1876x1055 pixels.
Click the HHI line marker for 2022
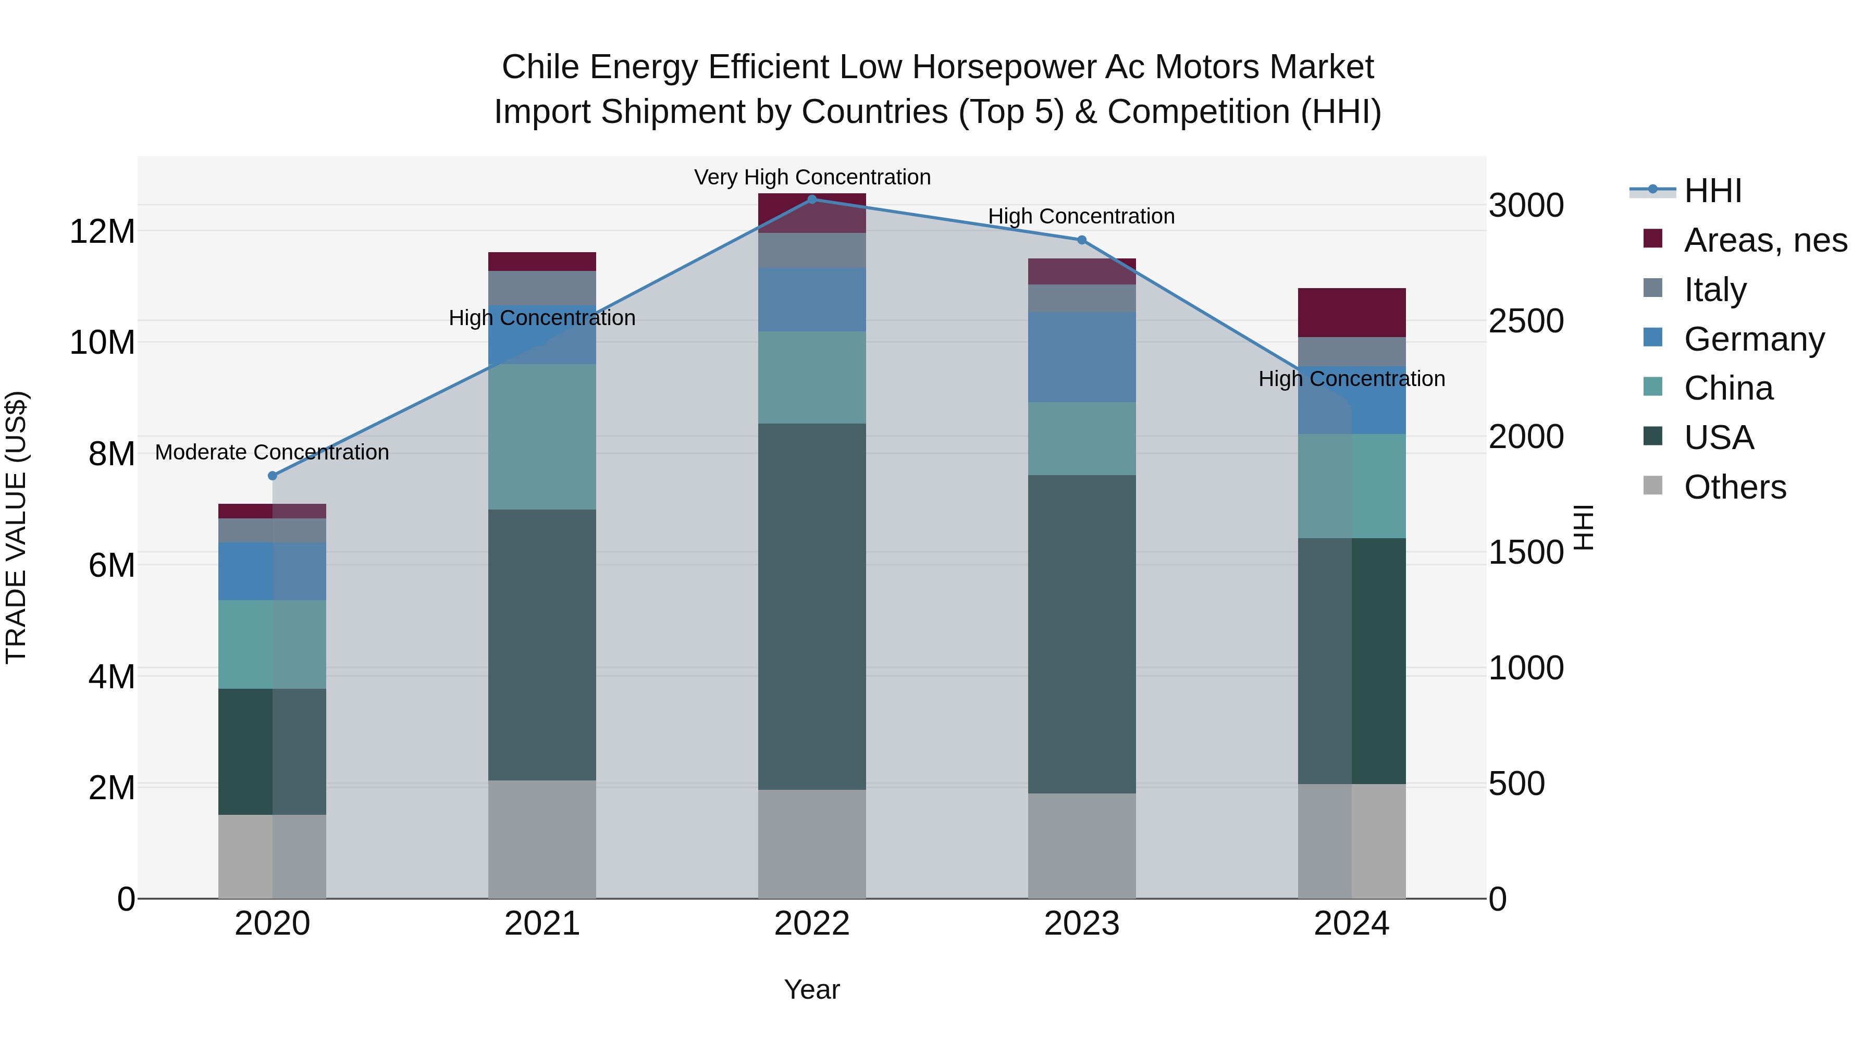pos(812,199)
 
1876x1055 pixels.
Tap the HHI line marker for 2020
pos(273,476)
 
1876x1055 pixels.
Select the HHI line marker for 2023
pos(1081,240)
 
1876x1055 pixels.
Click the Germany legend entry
pos(1754,339)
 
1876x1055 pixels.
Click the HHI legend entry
pos(1711,191)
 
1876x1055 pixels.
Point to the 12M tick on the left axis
pos(102,231)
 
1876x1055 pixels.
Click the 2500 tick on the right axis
pos(1526,321)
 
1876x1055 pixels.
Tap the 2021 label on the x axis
pos(542,924)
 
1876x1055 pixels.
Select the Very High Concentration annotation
pos(812,177)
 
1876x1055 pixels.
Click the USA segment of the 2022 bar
pos(812,606)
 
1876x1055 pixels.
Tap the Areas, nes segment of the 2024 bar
pos(1352,313)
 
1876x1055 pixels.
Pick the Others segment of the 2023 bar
pos(1081,846)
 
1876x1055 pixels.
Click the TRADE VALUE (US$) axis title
pos(16,527)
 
